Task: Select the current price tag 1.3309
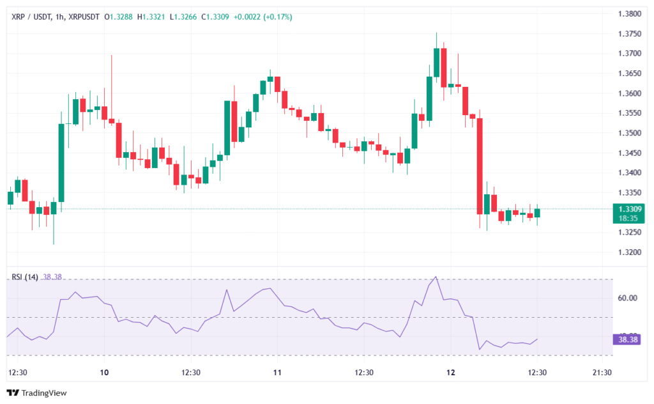628,208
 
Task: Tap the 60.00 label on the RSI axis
628,298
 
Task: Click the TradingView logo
36,393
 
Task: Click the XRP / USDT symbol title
31,17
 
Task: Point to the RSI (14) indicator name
25,277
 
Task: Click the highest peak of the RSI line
436,277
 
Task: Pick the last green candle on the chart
537,212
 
